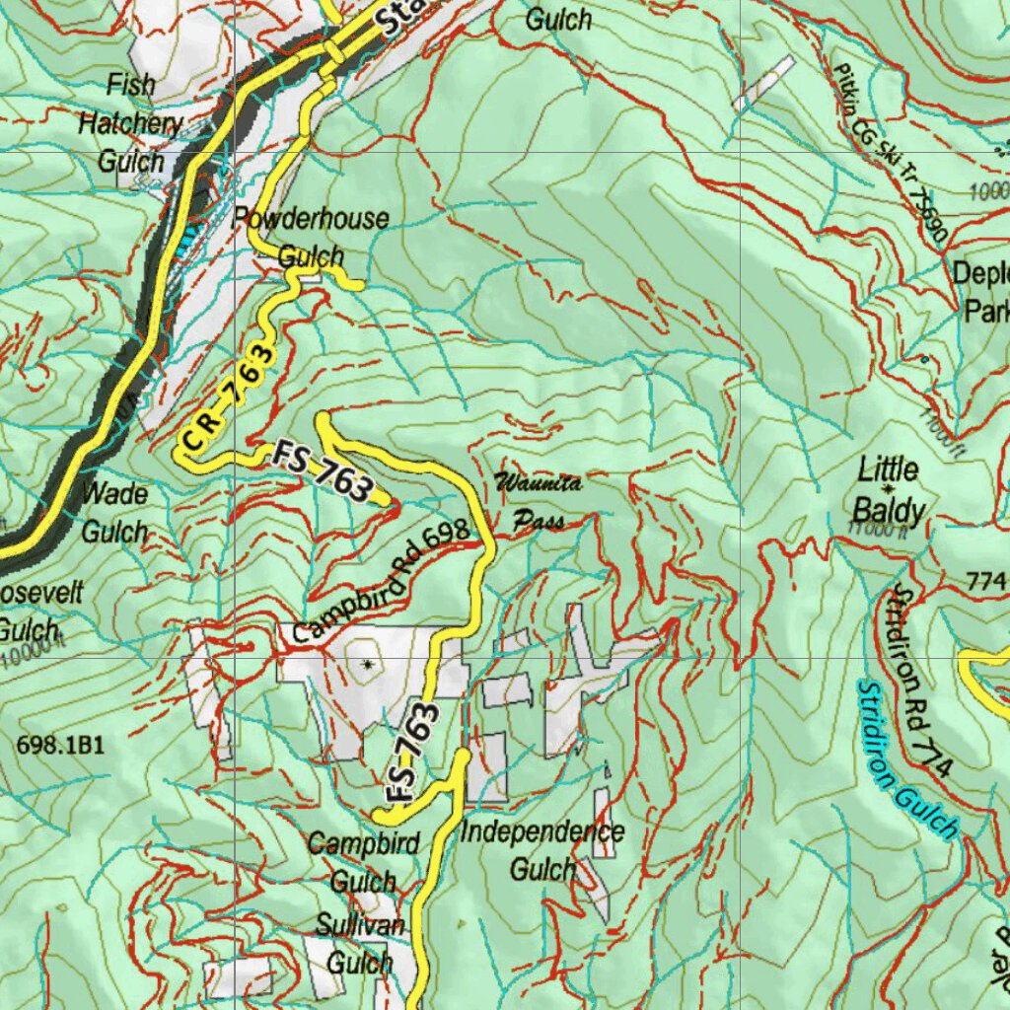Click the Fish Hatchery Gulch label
coord(130,123)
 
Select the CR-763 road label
coord(226,398)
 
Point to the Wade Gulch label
coord(115,512)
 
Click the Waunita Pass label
coord(539,501)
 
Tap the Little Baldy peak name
coord(889,490)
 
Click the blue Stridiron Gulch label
coord(907,759)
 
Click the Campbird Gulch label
coord(364,862)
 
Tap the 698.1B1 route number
coord(60,746)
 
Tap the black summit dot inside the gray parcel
coord(368,665)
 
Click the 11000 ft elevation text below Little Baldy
coord(874,530)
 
